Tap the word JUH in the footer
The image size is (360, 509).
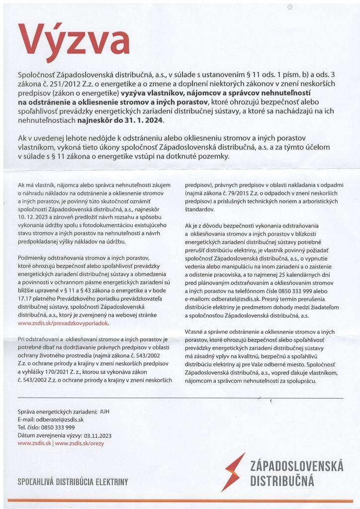point(104,412)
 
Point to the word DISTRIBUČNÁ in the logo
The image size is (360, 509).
point(282,482)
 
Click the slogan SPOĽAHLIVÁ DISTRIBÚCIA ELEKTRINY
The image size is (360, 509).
point(73,482)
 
